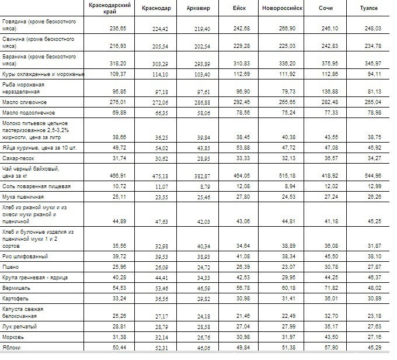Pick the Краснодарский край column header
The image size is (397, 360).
pyautogui.click(x=106, y=8)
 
